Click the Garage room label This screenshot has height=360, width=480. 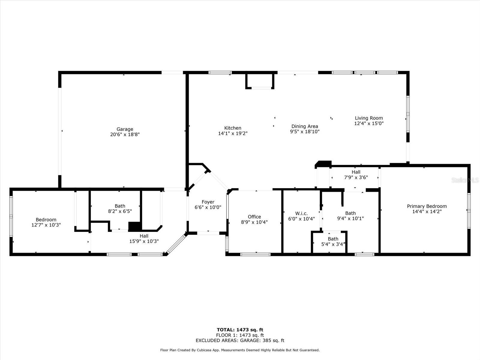click(124, 129)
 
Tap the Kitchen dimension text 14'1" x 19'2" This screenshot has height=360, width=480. click(233, 133)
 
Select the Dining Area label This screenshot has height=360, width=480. click(304, 126)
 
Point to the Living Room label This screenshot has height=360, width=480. click(369, 118)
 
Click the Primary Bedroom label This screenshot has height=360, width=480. click(427, 206)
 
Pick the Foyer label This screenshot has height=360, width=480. click(208, 202)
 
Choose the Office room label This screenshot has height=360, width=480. click(254, 217)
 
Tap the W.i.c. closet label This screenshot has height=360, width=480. click(301, 214)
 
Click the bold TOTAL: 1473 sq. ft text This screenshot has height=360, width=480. click(240, 330)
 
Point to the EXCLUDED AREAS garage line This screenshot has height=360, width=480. click(240, 340)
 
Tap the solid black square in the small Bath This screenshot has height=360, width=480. click(135, 226)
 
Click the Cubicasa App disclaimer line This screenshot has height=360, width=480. click(240, 350)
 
